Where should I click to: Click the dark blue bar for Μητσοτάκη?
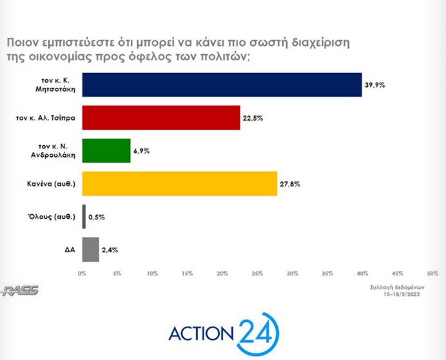coord(222,84)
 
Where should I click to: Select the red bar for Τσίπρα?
coord(161,117)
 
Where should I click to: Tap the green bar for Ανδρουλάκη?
coord(106,150)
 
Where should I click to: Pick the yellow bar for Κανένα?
coord(179,184)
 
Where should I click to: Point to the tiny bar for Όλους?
coord(84,217)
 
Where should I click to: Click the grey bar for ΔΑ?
coord(90,250)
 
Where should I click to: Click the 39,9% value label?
coord(374,85)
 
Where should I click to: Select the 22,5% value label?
coord(253,118)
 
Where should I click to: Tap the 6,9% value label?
coord(142,151)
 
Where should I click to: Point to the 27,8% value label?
coord(289,185)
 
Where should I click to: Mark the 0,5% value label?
coord(96,217)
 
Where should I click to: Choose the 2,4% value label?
coord(110,250)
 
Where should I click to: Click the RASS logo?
coord(20,290)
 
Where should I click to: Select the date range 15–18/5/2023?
coord(405,293)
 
